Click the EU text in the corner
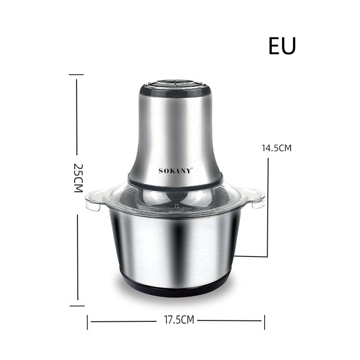(282, 46)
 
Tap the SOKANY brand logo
(175, 171)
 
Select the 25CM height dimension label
(78, 178)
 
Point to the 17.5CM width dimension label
(179, 319)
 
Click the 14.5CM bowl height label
(277, 148)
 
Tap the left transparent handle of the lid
(94, 200)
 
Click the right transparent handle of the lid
(256, 198)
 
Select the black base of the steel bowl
(175, 287)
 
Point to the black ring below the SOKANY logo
(175, 183)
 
